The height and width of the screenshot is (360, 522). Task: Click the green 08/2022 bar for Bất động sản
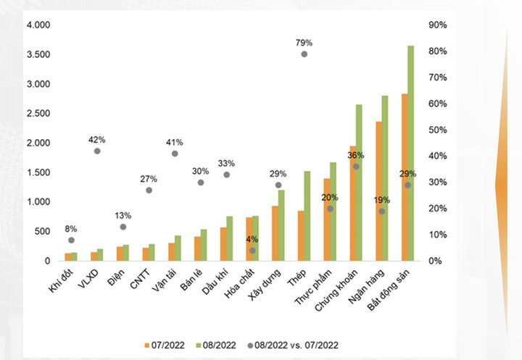click(410, 152)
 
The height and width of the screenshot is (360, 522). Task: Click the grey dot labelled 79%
click(304, 54)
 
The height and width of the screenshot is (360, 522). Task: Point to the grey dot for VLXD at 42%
click(97, 151)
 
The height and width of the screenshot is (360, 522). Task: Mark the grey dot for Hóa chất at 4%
click(252, 251)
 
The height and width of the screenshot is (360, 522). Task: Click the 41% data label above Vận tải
click(175, 142)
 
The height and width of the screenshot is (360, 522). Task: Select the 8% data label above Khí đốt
click(71, 229)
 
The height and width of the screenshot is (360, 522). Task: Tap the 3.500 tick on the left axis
click(39, 55)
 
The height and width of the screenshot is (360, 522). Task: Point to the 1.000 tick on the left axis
click(39, 202)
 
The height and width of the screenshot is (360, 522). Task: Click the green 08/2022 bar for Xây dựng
click(281, 225)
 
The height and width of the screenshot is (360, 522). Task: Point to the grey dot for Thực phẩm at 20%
click(330, 209)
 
